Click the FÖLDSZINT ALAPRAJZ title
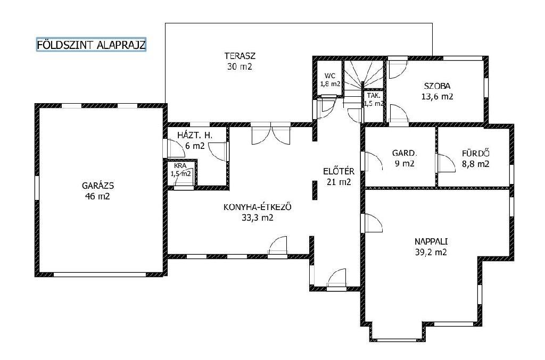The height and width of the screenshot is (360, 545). [91, 45]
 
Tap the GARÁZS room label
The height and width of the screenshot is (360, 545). [98, 186]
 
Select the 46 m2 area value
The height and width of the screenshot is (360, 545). [97, 196]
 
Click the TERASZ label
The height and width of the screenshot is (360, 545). [240, 55]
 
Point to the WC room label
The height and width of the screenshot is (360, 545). [330, 76]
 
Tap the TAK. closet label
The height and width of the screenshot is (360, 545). [374, 96]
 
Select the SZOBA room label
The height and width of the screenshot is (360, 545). [437, 86]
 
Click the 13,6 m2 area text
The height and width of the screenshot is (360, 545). [437, 96]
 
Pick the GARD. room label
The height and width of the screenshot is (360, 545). [404, 153]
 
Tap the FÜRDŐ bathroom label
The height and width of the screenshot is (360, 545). [475, 153]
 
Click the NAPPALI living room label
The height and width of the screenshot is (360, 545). [431, 241]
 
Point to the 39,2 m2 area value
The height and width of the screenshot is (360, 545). [431, 253]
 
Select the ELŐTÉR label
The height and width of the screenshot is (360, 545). [339, 171]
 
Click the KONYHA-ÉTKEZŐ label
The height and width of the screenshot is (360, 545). [257, 207]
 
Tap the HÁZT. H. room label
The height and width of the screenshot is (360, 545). [195, 135]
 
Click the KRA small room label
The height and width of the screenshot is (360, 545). [180, 166]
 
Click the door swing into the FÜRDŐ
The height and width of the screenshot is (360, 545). [447, 163]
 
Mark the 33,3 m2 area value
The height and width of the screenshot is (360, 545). [257, 217]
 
